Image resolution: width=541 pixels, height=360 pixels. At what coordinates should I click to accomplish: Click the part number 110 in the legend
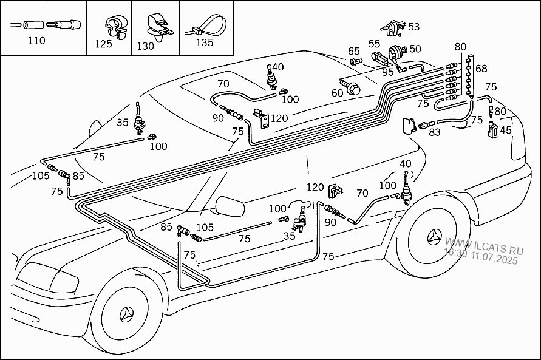click(x=36, y=41)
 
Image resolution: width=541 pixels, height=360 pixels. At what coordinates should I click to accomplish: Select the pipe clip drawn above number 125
click(x=116, y=27)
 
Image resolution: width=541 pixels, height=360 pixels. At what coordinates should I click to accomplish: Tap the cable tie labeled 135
click(x=206, y=25)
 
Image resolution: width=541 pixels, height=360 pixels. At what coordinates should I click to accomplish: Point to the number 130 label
click(x=145, y=46)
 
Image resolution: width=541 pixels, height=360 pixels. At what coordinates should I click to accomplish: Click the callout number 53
click(x=413, y=27)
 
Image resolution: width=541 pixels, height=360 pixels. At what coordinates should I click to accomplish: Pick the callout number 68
click(x=481, y=68)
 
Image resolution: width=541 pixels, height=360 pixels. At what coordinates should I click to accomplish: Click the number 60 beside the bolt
click(x=337, y=93)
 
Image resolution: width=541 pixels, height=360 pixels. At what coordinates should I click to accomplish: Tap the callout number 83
click(x=435, y=132)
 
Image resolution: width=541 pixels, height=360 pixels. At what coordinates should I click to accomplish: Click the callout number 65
click(x=353, y=51)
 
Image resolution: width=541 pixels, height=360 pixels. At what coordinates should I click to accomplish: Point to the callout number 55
click(x=374, y=44)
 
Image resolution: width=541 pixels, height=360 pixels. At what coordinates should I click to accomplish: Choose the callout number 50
click(x=415, y=49)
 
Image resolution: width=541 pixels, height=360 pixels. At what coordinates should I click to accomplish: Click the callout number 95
click(x=388, y=72)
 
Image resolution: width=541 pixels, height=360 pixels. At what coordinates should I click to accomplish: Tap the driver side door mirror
click(x=230, y=206)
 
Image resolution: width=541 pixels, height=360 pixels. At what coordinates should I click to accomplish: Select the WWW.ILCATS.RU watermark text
click(x=484, y=246)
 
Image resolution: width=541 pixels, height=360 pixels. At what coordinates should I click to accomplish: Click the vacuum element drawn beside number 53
click(x=393, y=27)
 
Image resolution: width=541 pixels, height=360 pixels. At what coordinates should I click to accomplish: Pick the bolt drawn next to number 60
click(x=350, y=87)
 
